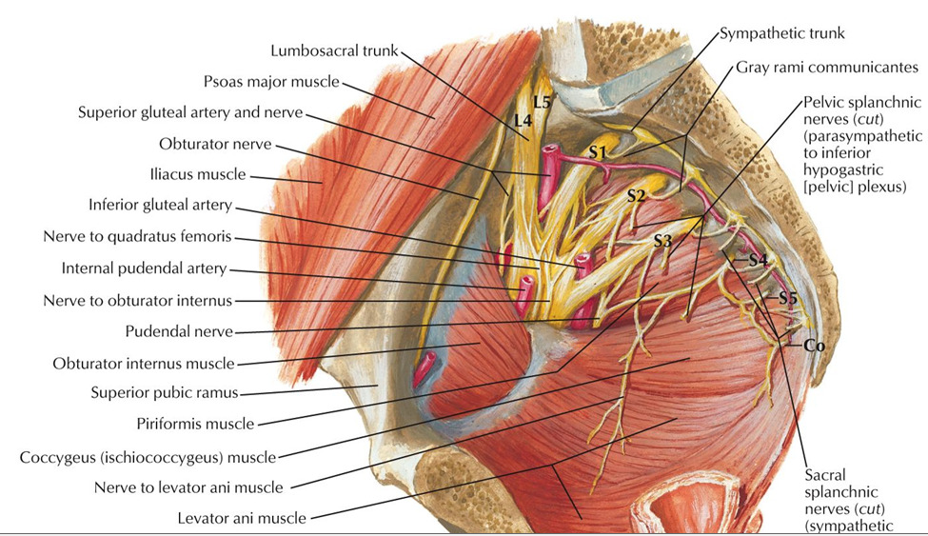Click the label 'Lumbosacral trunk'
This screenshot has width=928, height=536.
333,50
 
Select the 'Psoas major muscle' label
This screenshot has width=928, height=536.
271,82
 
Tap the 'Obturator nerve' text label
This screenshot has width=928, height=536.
216,144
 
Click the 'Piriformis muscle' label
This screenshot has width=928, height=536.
197,423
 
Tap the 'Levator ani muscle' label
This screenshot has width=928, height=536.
242,518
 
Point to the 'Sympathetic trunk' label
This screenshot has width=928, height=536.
781,33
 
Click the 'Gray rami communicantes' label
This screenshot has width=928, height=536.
826,68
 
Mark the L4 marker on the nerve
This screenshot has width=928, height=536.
522,120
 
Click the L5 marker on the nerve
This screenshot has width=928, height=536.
542,101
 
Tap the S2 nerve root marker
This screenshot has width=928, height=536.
637,196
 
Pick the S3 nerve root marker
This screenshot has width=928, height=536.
663,242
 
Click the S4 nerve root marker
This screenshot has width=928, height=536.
758,259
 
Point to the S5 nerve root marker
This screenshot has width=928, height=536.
787,298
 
